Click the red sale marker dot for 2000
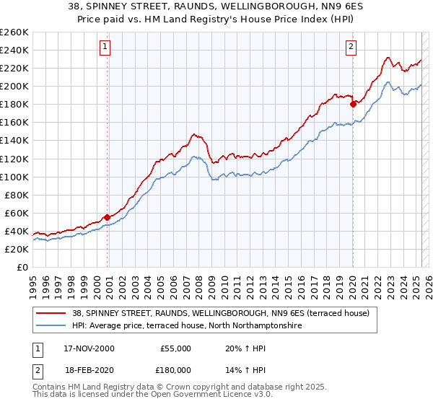coord(108,216)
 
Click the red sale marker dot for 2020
coord(353,104)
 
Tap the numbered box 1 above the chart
coord(105,48)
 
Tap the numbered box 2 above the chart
coord(351,48)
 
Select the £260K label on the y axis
coord(14,32)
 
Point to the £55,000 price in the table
coord(174,348)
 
